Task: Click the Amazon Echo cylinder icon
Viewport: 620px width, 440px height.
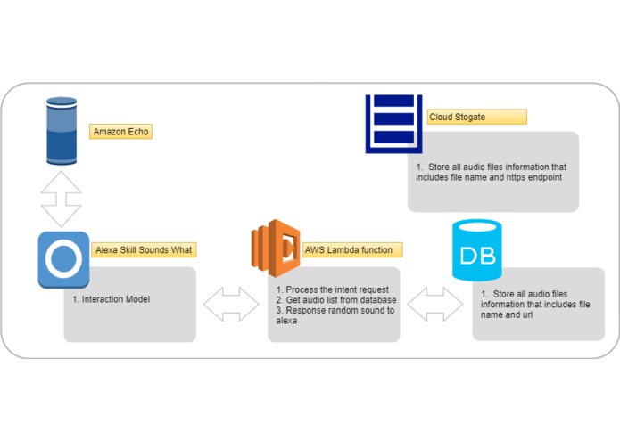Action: [62, 131]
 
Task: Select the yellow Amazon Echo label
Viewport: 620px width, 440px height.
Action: [120, 132]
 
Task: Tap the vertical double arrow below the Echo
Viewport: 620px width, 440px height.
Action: [62, 199]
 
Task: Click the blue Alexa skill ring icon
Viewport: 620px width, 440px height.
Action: [63, 260]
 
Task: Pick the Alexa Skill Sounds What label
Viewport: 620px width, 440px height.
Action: [144, 249]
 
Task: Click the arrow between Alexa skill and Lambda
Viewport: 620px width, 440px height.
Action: [231, 304]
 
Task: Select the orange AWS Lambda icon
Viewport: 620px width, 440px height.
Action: [276, 249]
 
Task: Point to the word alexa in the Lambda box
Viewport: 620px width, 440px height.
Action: [286, 321]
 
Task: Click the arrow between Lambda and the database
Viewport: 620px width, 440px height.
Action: [435, 304]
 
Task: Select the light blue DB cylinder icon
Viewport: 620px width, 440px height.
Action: [477, 249]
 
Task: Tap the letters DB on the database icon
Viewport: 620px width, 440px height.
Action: [477, 256]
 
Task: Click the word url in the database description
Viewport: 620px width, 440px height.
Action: [526, 314]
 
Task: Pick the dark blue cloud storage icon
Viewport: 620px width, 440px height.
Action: [393, 124]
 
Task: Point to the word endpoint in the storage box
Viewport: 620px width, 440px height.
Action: [547, 177]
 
